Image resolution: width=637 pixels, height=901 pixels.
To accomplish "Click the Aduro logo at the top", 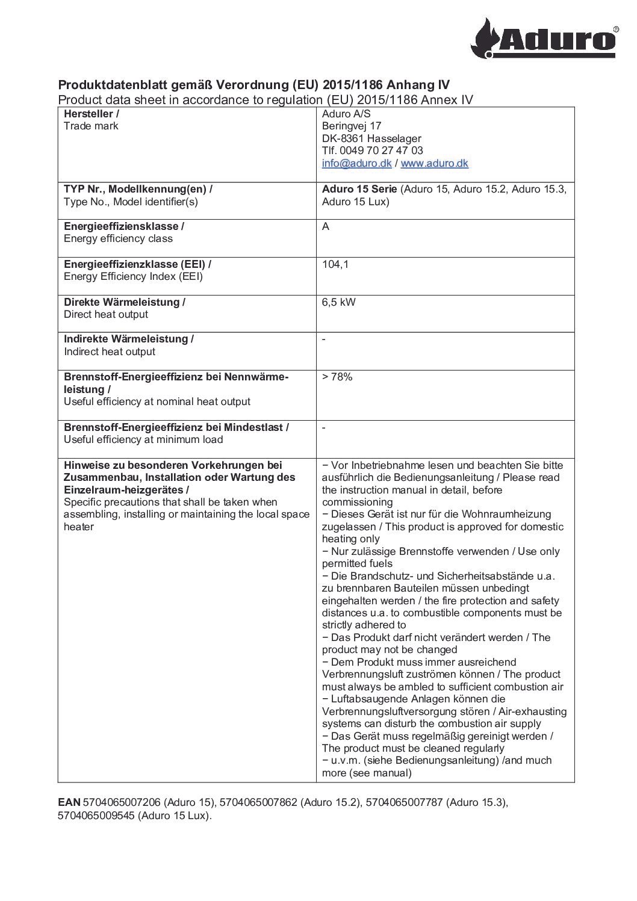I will click(544, 37).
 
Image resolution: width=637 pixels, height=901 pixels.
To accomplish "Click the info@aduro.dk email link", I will click(356, 164).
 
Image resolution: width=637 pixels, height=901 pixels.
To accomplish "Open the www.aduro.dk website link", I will click(434, 164).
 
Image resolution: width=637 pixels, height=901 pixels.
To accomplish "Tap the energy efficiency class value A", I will click(326, 227).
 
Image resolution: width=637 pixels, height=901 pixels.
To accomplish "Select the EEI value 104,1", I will click(335, 264).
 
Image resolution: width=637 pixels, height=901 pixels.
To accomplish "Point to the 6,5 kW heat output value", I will click(338, 302).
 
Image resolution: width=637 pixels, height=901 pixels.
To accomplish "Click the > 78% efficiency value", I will click(337, 377).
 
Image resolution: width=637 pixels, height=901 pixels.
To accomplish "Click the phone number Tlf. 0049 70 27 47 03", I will click(372, 150).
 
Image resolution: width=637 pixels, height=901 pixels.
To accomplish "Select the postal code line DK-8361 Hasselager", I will click(371, 138).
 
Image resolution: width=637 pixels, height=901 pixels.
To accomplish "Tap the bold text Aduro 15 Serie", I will click(359, 189).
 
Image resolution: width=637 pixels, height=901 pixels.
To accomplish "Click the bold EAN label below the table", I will click(69, 802).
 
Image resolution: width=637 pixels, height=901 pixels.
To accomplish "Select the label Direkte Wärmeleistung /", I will click(125, 302).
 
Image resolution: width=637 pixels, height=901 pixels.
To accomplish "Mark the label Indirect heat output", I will click(110, 351).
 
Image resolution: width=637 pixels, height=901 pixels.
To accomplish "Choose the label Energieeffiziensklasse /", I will click(124, 226).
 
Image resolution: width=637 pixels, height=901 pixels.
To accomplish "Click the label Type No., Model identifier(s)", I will click(131, 202).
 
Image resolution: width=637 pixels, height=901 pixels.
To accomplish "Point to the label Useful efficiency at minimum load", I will click(143, 439).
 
